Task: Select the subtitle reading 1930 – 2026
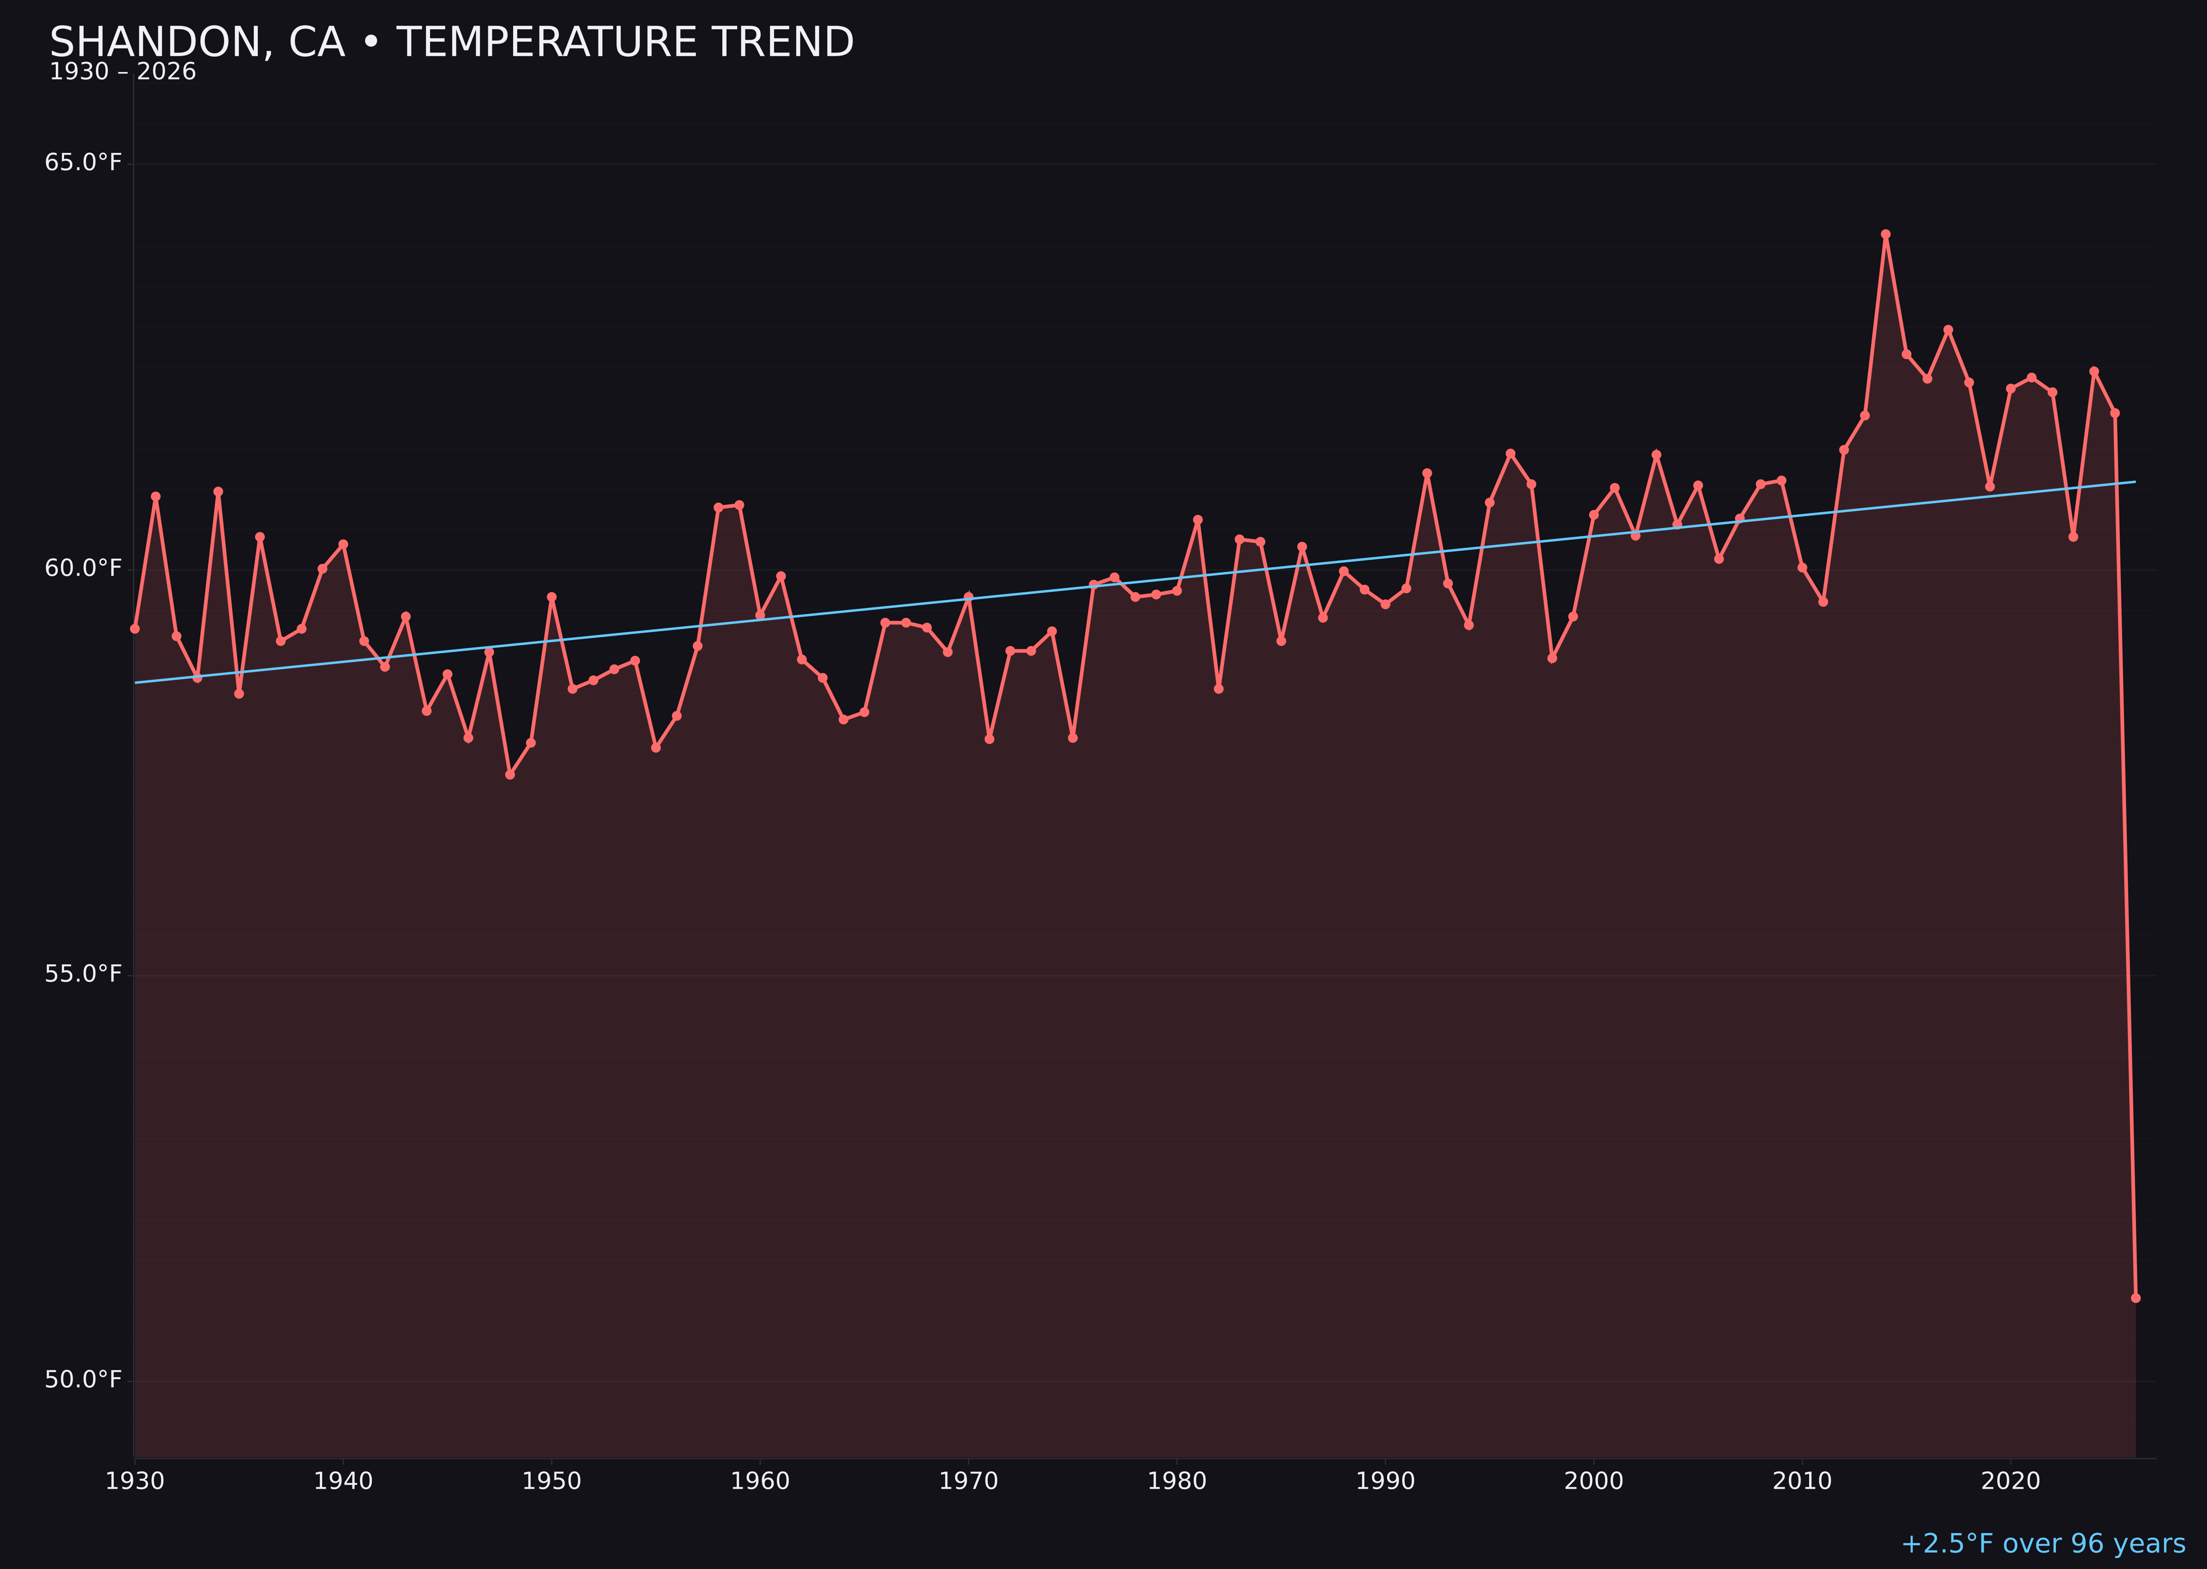coord(122,72)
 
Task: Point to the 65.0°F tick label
coord(83,162)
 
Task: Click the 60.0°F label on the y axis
coord(83,568)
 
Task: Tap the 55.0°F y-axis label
coord(83,974)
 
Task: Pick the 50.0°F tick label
coord(83,1380)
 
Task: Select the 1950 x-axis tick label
coord(552,1481)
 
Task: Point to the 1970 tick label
coord(968,1481)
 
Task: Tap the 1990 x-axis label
coord(1385,1481)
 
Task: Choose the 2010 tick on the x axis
coord(1802,1481)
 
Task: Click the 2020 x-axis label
coord(2011,1481)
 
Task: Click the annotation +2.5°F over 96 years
coord(2043,1544)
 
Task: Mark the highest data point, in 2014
coord(1885,234)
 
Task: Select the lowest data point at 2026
coord(2135,1298)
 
